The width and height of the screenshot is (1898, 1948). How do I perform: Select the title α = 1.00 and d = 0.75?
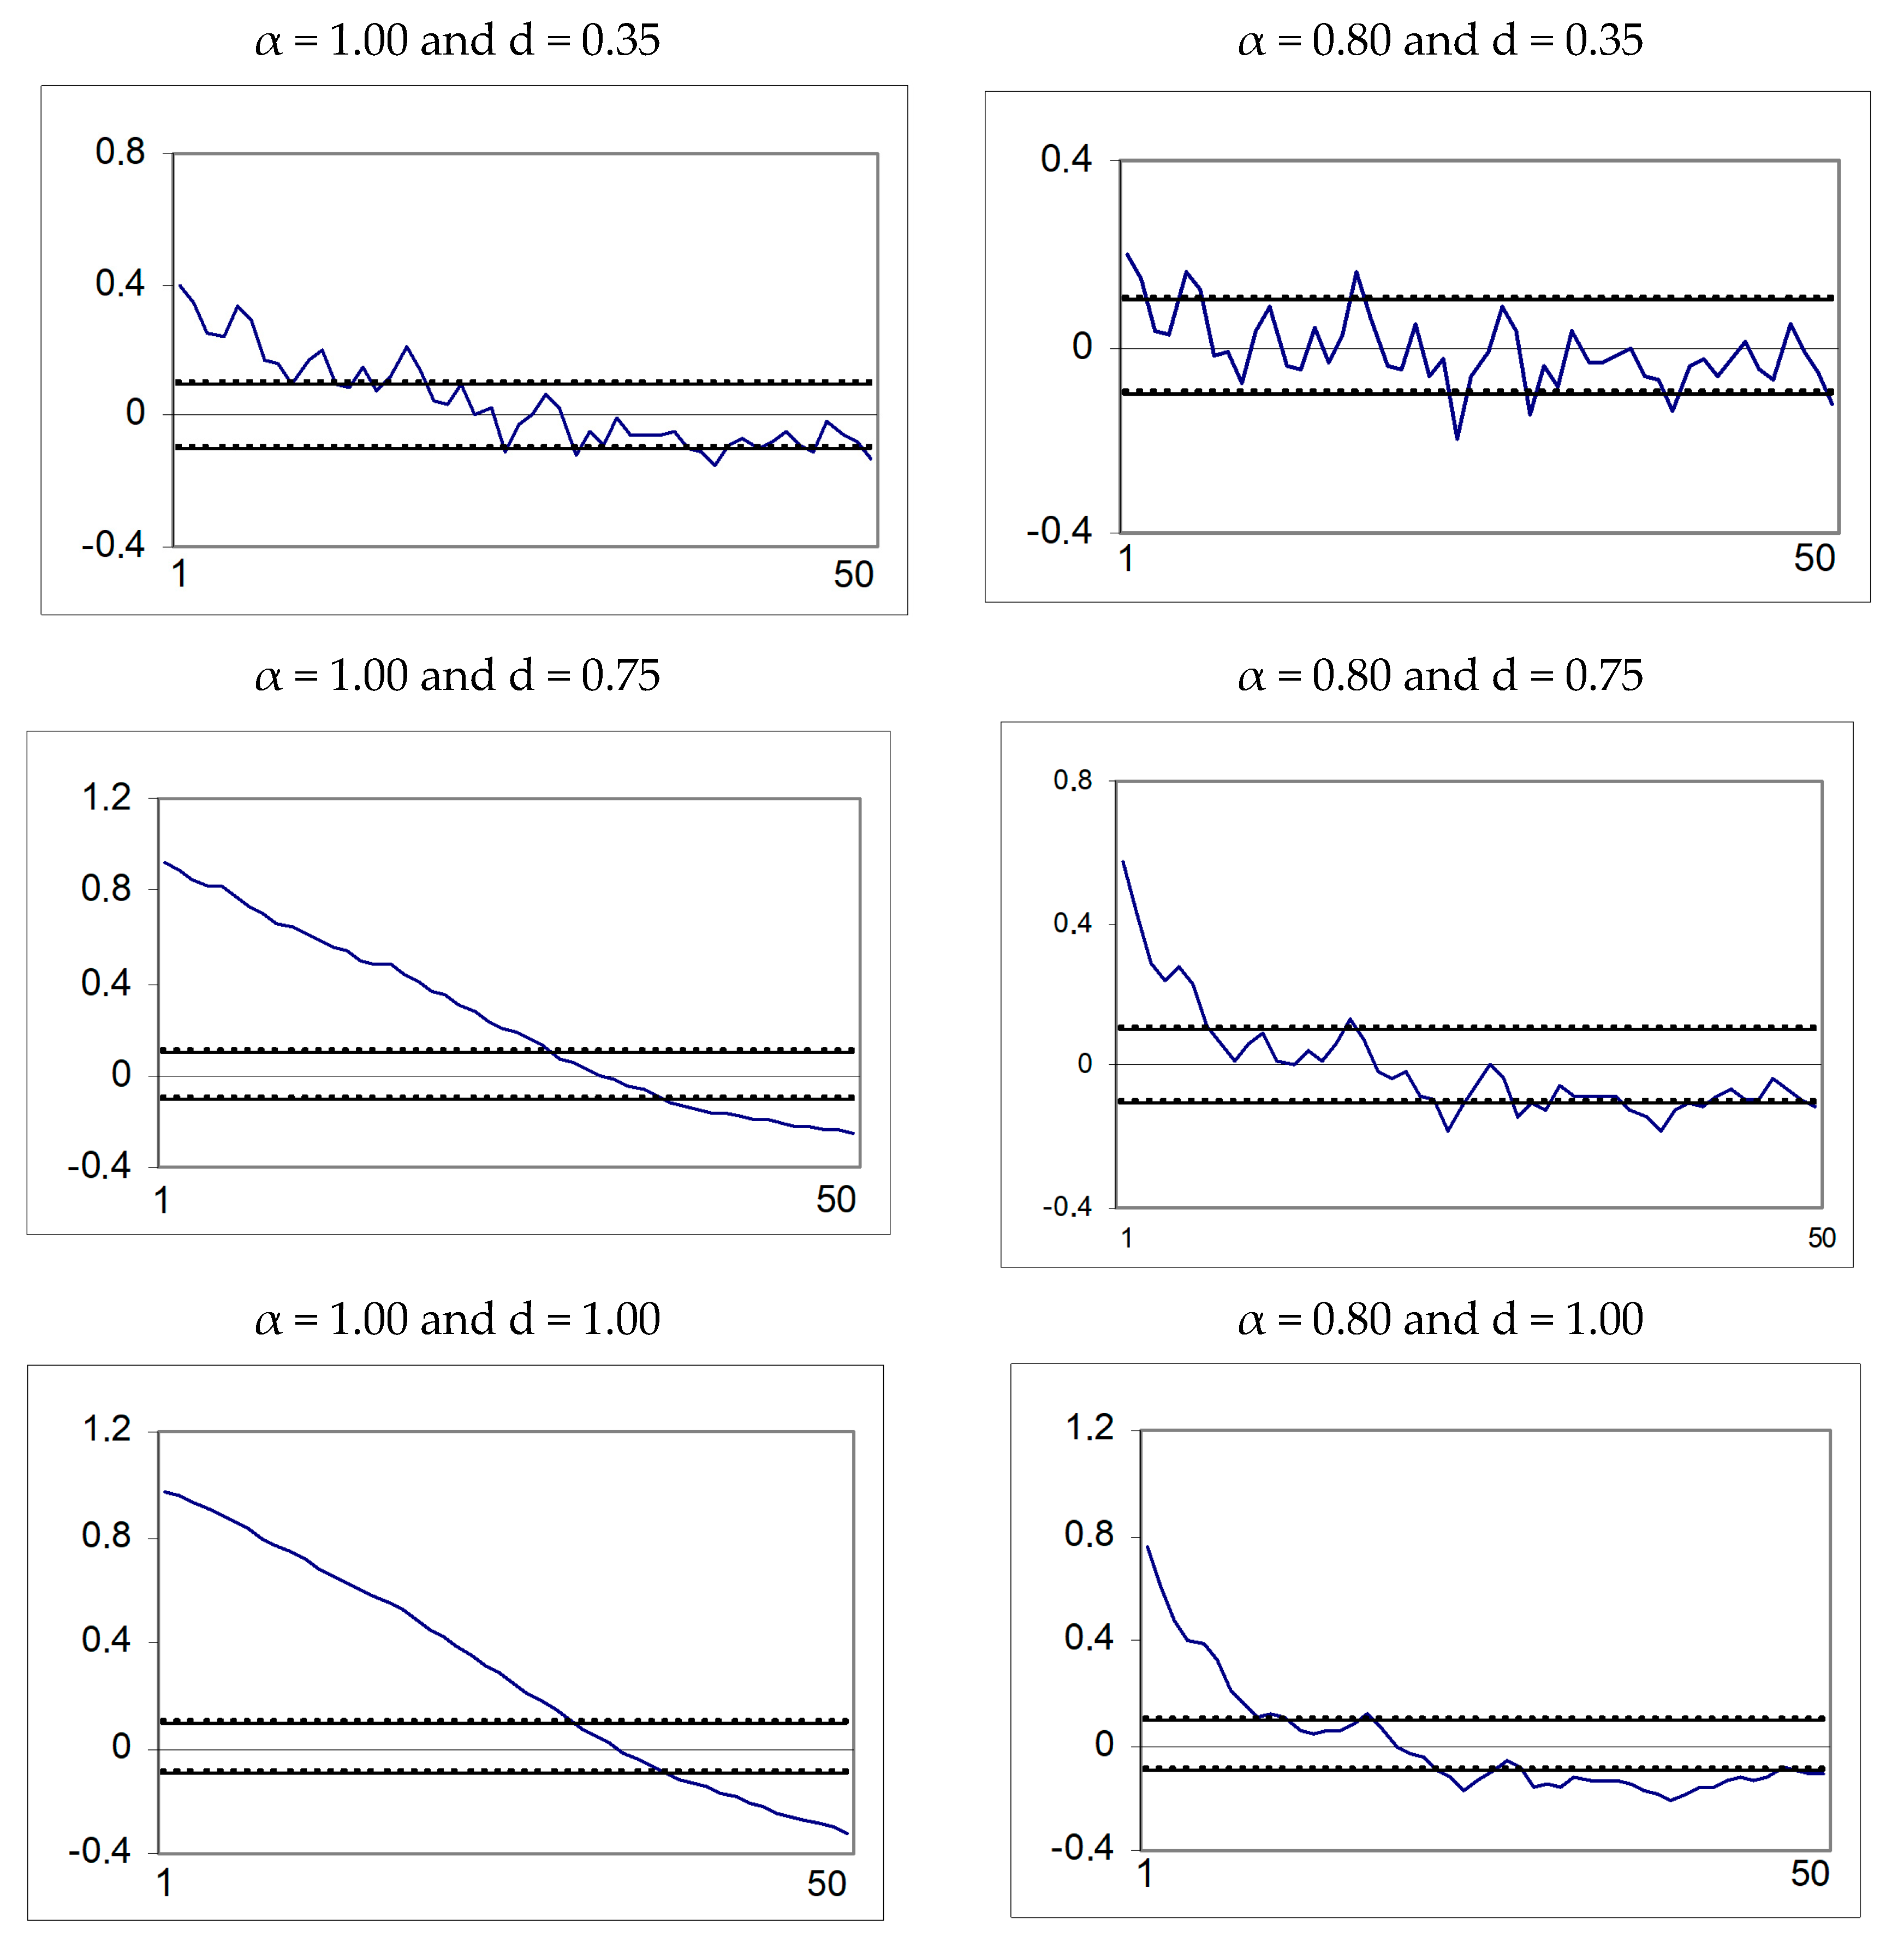click(x=457, y=676)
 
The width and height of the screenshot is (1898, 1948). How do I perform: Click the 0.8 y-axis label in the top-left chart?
click(x=120, y=152)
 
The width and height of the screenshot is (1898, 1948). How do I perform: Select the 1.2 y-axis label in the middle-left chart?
click(x=106, y=797)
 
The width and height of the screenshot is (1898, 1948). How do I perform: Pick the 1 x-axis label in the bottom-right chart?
click(x=1145, y=1873)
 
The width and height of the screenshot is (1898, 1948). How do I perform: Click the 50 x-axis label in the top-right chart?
click(x=1814, y=558)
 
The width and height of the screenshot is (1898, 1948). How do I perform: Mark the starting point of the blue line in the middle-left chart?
click(x=164, y=862)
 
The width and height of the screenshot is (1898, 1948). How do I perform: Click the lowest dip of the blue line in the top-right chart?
click(x=1456, y=438)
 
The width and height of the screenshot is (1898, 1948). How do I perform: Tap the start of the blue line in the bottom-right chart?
click(x=1147, y=1546)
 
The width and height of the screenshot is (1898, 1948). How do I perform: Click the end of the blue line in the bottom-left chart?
click(x=847, y=1833)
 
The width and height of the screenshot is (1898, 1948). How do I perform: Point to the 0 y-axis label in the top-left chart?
click(x=135, y=413)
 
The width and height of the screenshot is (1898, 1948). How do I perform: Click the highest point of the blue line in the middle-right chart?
click(x=1123, y=861)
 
